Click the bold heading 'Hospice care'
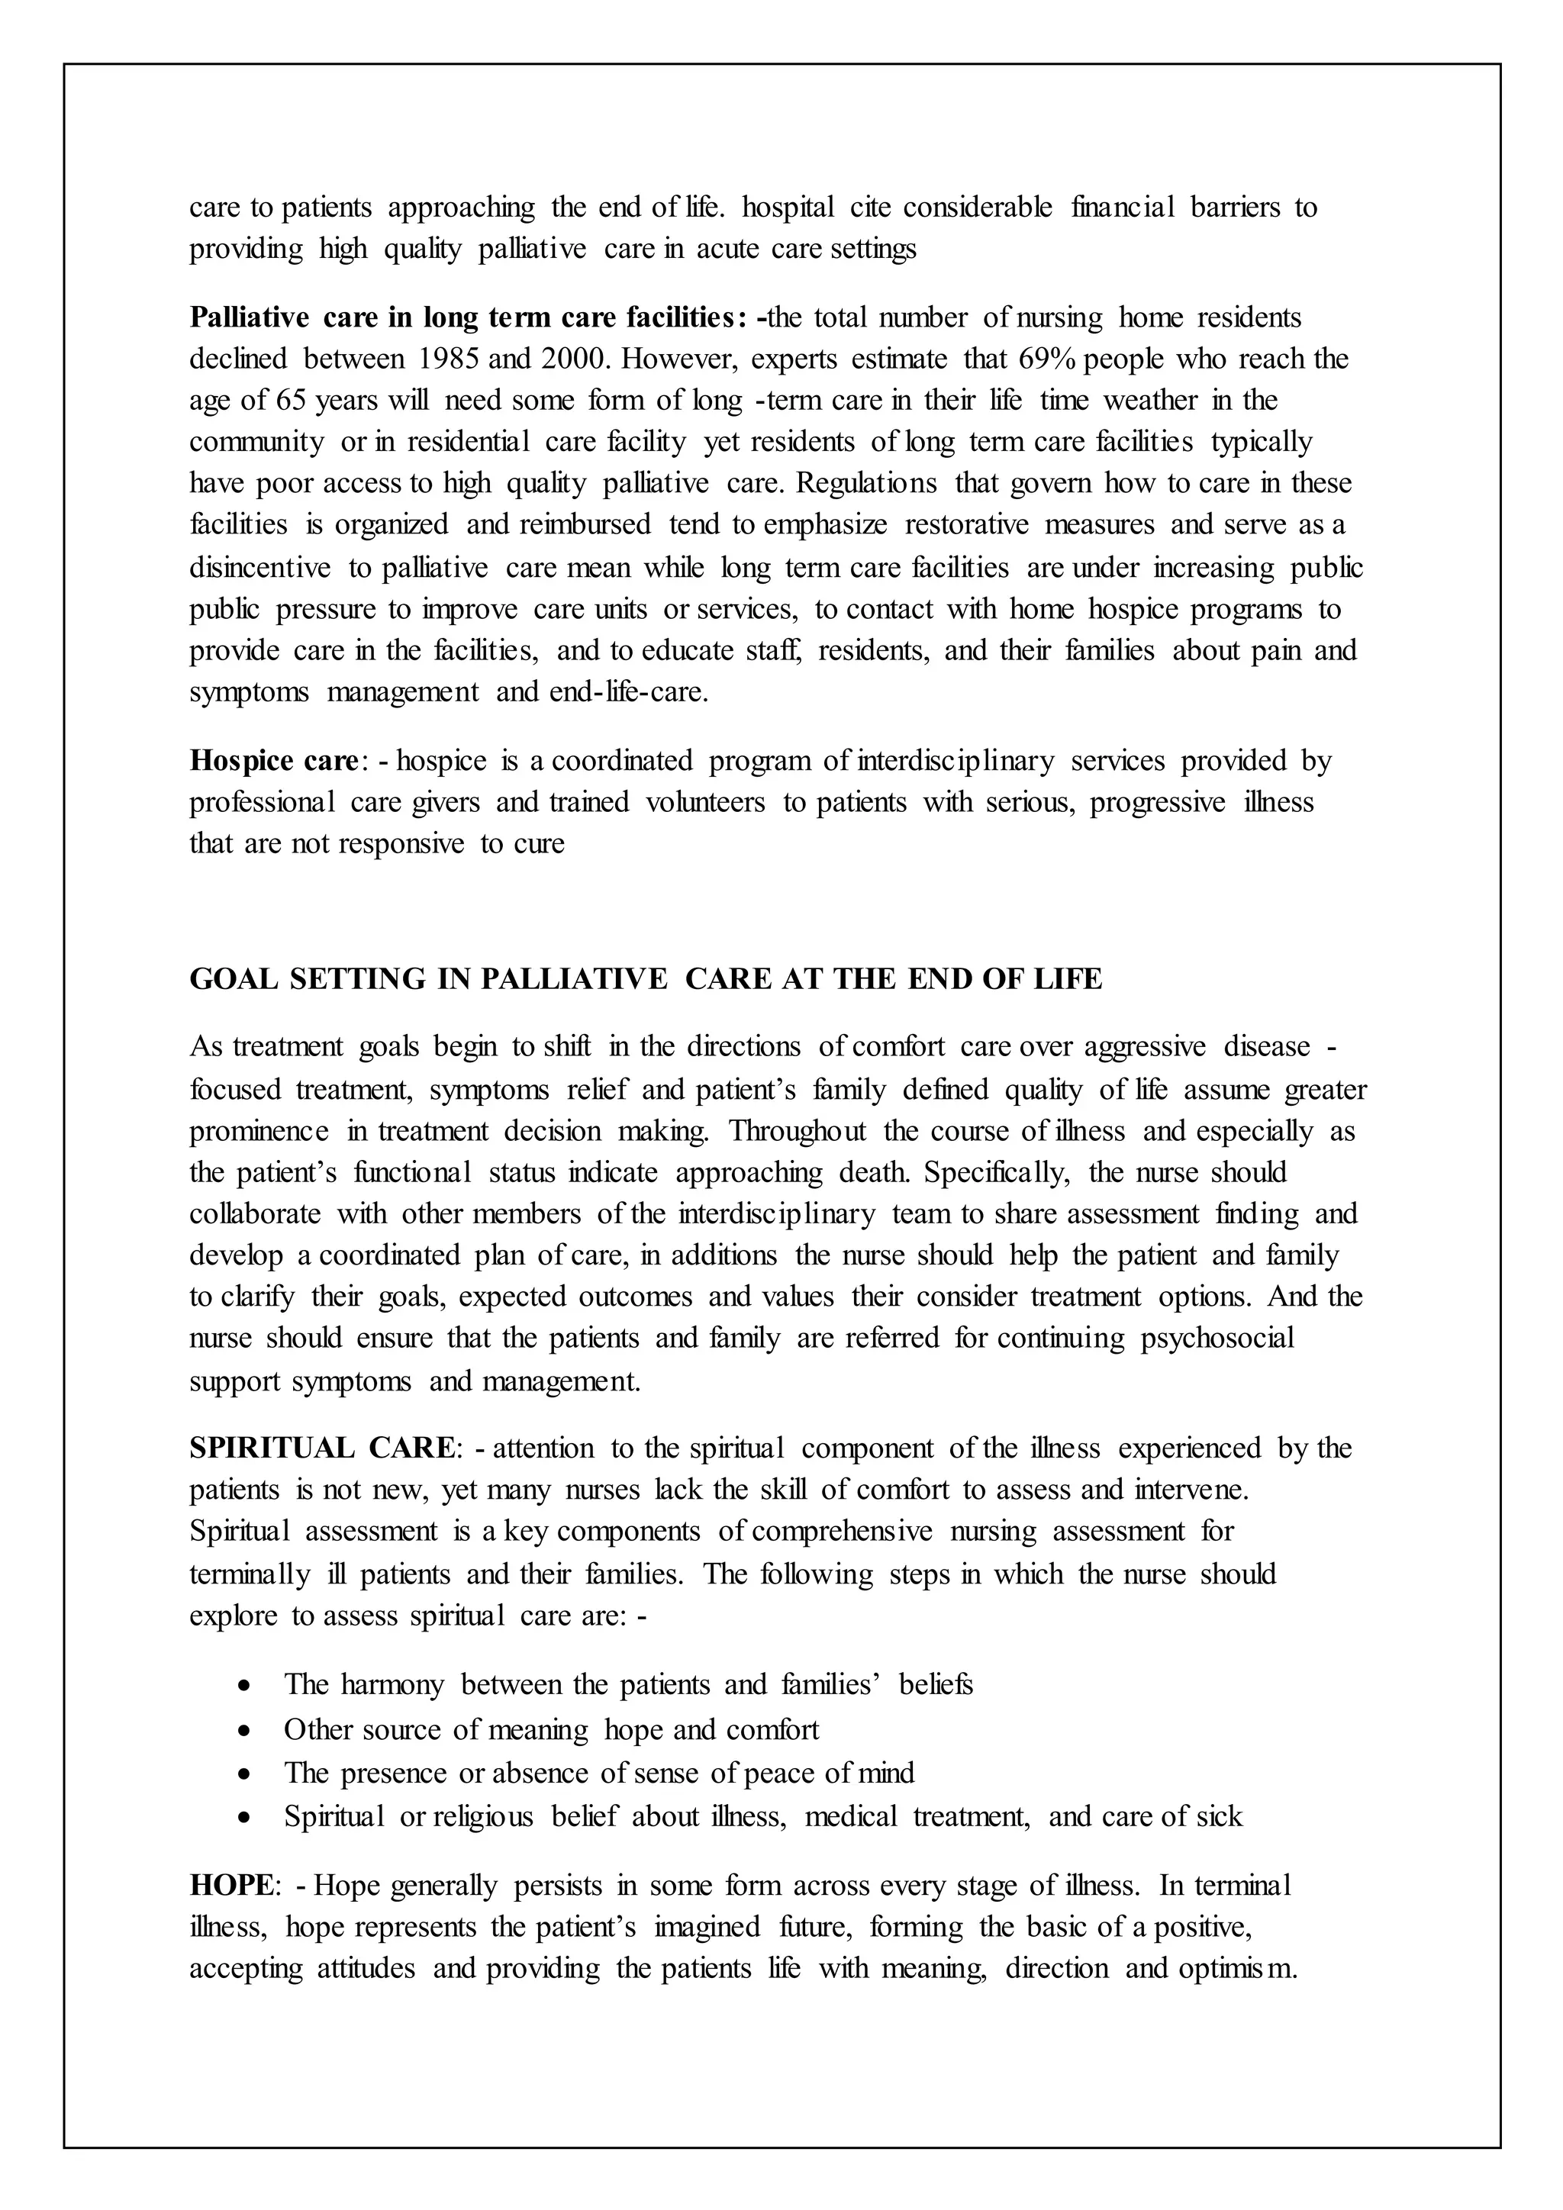pos(273,762)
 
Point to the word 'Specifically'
pos(996,1172)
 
